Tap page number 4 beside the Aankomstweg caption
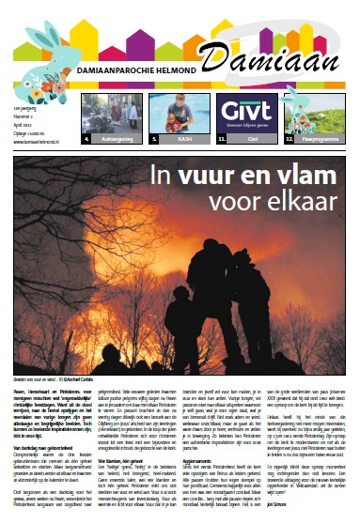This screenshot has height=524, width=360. (86, 138)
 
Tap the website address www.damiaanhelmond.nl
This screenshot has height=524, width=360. (38, 121)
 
